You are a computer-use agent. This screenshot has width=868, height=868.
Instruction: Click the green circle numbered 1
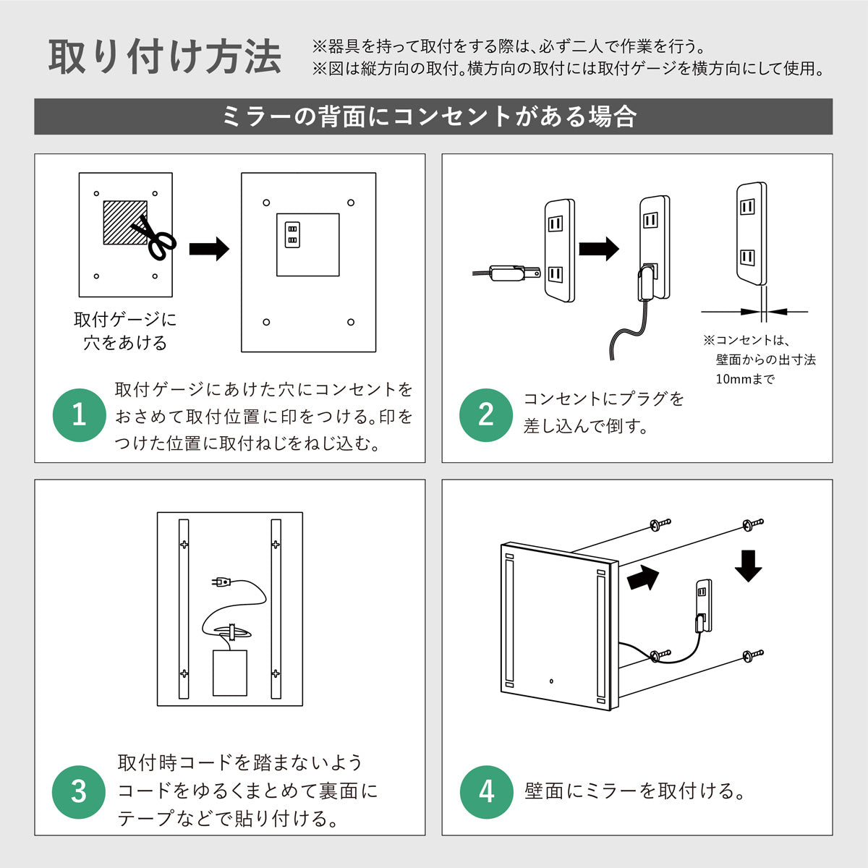click(x=79, y=415)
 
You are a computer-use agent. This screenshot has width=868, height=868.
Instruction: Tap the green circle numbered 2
click(x=486, y=415)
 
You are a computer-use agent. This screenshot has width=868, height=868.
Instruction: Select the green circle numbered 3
click(x=79, y=791)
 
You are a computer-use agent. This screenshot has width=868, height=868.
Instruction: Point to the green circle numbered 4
click(x=486, y=791)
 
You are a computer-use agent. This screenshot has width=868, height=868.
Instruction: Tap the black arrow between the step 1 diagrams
click(x=208, y=250)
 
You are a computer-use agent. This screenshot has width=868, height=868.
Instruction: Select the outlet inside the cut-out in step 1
click(x=292, y=234)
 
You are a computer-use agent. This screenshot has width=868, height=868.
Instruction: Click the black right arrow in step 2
click(x=598, y=249)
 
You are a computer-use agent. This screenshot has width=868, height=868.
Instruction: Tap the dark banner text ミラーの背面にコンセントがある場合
click(x=432, y=116)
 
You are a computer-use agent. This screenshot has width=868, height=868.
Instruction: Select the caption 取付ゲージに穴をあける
click(x=124, y=331)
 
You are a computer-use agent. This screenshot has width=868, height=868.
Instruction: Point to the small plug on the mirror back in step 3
click(x=221, y=582)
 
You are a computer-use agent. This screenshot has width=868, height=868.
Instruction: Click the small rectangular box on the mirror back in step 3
click(x=229, y=673)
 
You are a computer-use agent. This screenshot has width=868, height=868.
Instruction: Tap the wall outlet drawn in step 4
click(x=702, y=604)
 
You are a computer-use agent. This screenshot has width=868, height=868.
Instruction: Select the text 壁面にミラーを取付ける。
click(x=635, y=791)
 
